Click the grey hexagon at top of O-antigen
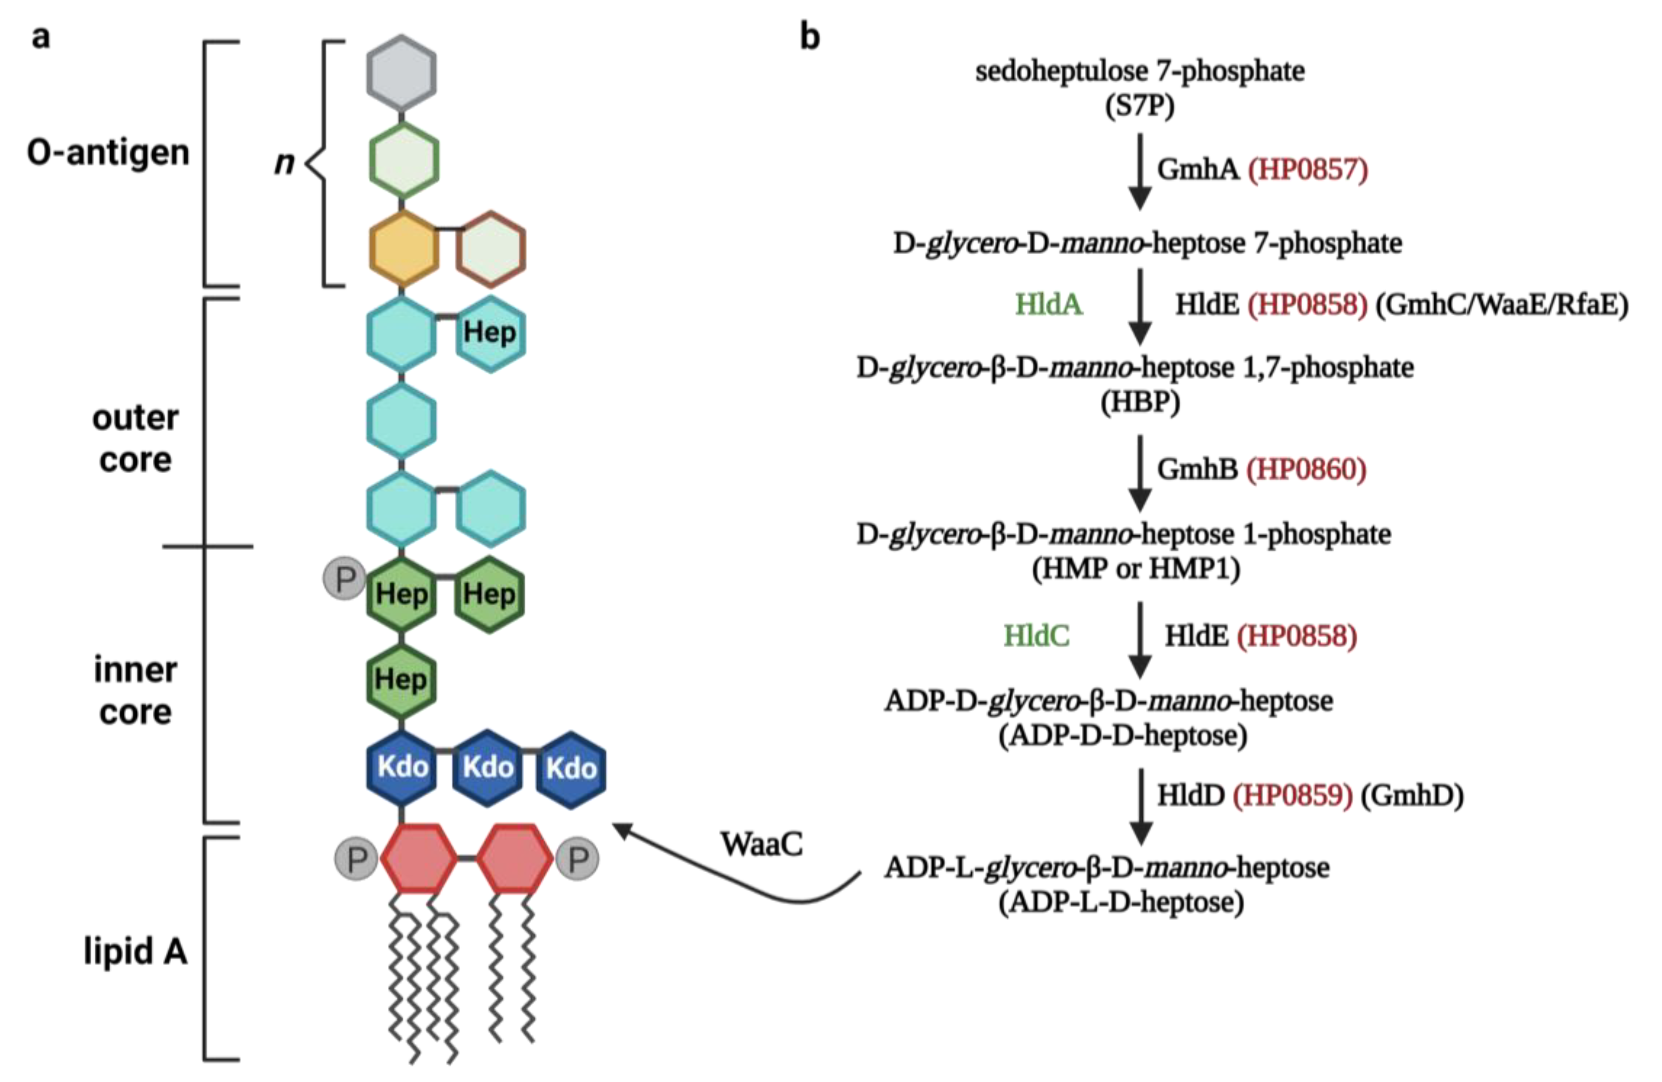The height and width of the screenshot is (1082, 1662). (402, 72)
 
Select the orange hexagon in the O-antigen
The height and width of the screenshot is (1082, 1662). (404, 248)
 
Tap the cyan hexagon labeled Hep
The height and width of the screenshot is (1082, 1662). (490, 333)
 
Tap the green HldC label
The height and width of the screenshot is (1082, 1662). (1036, 636)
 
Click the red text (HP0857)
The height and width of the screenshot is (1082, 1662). (1307, 170)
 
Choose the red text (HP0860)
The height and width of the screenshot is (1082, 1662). (1306, 469)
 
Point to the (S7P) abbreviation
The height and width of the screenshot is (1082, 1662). (1139, 106)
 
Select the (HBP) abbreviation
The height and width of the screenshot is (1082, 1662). (1139, 402)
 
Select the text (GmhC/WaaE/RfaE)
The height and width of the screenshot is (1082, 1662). (1502, 304)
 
